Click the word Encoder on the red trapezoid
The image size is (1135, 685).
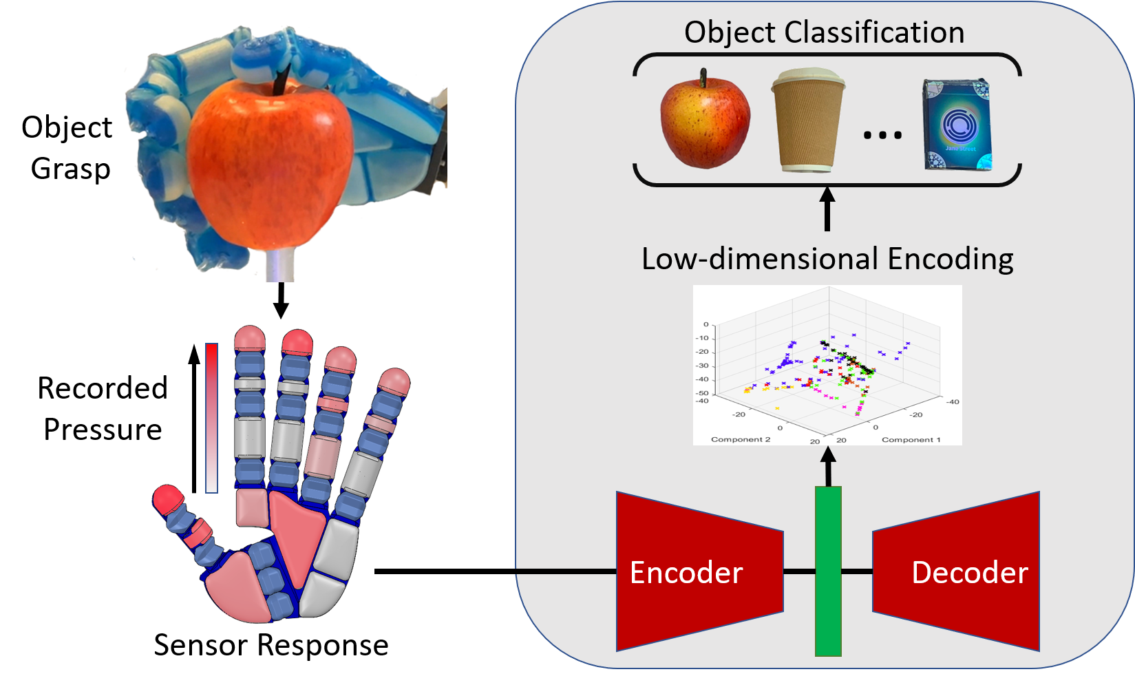coord(686,573)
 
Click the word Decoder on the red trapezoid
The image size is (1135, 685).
coord(969,573)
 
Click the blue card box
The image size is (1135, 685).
coord(957,125)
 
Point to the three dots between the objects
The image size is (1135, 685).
coord(882,135)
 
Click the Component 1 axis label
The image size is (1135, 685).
coord(911,439)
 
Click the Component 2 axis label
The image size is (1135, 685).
coord(741,439)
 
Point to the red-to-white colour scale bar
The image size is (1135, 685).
coord(211,418)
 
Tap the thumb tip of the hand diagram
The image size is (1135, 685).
coord(168,498)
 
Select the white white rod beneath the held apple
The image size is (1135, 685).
coord(279,266)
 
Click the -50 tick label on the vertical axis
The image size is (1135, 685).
coord(702,393)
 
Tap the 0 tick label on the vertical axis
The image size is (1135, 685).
coord(706,324)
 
